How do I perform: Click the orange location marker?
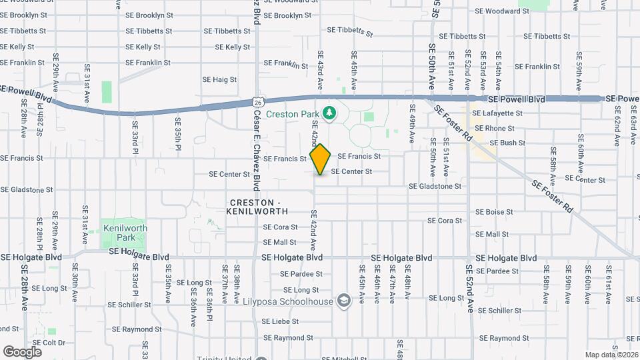pos(321,159)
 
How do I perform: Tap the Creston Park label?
pos(293,114)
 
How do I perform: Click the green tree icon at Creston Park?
pos(329,114)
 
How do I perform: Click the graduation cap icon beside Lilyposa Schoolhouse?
pos(343,301)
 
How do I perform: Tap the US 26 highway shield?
pos(258,102)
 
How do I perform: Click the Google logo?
pos(22,351)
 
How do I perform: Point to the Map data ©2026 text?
pos(611,355)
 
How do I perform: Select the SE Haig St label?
pos(220,79)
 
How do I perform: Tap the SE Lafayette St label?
pos(497,113)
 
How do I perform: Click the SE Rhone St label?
pos(494,128)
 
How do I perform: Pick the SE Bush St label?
pos(507,143)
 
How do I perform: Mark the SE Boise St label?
pos(494,212)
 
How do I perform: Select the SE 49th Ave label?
pos(413,127)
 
